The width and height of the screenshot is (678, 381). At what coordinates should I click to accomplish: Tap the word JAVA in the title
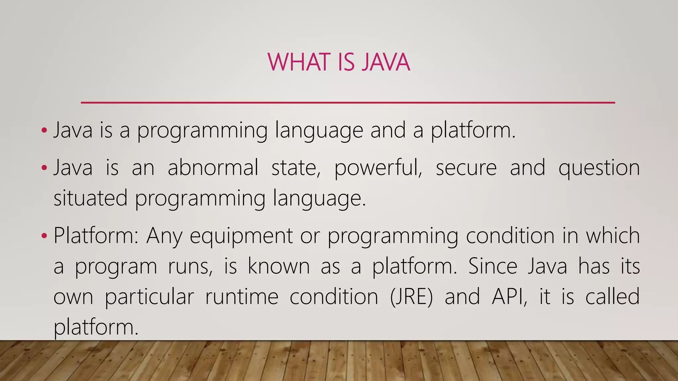pos(386,62)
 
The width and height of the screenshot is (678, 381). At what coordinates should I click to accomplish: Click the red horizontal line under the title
pos(348,103)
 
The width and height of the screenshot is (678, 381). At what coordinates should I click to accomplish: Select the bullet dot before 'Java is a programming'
pos(44,131)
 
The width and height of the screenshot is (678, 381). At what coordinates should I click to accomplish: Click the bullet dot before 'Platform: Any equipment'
pos(44,236)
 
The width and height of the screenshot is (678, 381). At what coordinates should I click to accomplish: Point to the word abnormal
pos(213,167)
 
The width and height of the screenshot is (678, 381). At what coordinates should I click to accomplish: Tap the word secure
pos(466,168)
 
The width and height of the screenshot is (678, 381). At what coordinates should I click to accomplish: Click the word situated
pos(90,198)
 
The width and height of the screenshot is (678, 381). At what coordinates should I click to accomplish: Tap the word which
pos(613,235)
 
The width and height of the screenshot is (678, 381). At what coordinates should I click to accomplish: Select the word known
pos(279,266)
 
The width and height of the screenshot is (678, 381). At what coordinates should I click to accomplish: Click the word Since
pos(493,266)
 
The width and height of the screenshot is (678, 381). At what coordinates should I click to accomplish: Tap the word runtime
pos(242,296)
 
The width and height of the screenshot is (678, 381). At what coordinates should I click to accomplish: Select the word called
pos(612,296)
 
